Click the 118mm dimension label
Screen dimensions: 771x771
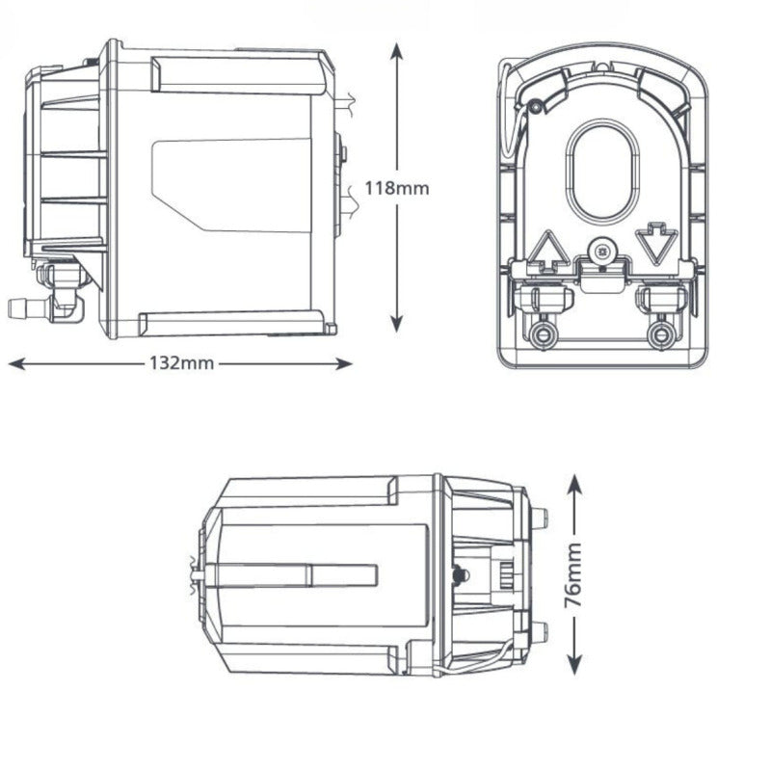click(397, 188)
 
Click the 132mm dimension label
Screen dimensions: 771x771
click(182, 363)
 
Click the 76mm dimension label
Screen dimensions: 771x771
click(573, 574)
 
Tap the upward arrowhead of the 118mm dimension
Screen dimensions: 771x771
click(397, 51)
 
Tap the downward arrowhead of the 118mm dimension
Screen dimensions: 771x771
click(397, 324)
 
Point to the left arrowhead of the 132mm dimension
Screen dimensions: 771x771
click(16, 364)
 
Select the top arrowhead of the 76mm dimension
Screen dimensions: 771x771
click(574, 484)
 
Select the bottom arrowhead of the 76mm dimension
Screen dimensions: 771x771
click(574, 665)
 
